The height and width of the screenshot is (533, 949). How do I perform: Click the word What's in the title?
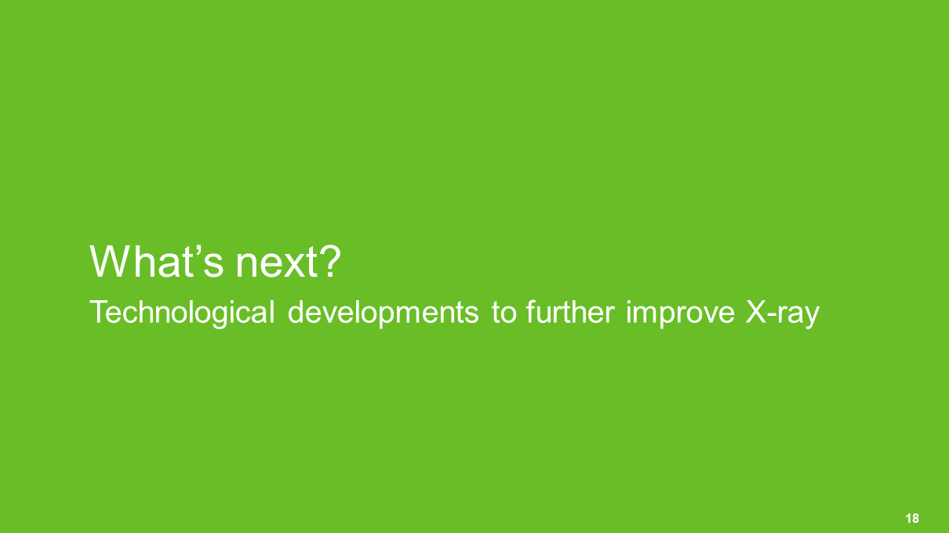coord(156,262)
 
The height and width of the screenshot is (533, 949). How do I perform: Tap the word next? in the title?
coord(288,262)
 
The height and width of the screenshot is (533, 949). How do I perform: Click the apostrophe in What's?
coord(197,251)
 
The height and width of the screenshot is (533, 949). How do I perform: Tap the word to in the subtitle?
coord(504,314)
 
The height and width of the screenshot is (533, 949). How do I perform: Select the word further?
coord(570,312)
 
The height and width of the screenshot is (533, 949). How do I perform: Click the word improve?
coord(680,314)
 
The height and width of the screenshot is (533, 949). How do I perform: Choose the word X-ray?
coord(783,314)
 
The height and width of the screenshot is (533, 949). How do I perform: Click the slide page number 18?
coord(912,518)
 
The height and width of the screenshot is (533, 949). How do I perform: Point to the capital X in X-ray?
coord(756,312)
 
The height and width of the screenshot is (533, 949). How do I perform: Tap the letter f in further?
coord(531,312)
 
